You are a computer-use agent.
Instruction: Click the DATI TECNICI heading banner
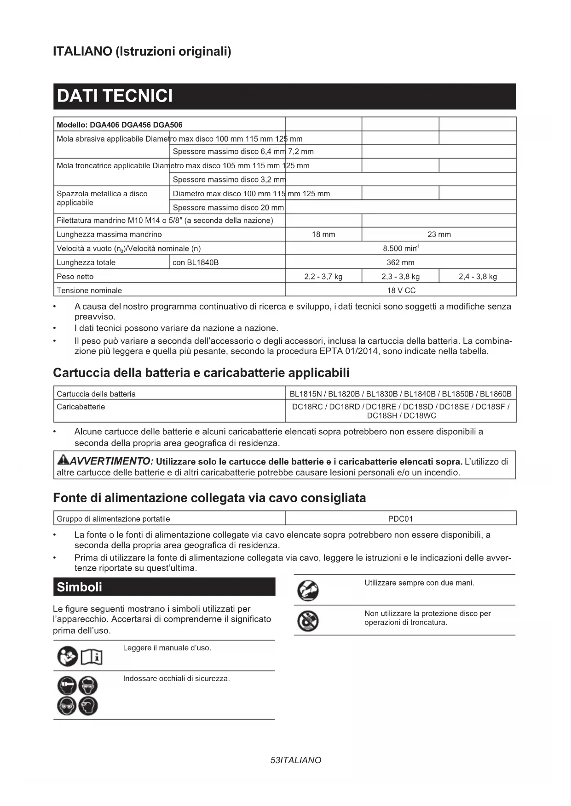click(284, 96)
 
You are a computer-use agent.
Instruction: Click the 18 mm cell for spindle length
click(323, 234)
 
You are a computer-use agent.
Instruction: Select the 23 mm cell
click(439, 234)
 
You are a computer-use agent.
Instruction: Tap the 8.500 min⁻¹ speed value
click(401, 249)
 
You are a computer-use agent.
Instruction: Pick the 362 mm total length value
click(400, 262)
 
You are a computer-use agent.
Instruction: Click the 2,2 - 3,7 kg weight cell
click(323, 277)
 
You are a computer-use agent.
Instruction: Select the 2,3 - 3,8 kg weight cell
click(400, 277)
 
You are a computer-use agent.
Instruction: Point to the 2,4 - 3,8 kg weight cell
click(478, 277)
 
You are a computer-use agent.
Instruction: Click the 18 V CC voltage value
click(401, 290)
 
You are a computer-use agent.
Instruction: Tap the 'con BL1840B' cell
click(196, 262)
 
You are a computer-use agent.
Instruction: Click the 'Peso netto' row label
click(75, 277)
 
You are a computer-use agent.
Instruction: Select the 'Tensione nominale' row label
click(89, 290)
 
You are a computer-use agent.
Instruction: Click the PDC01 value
click(400, 519)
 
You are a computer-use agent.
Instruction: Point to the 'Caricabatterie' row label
click(81, 407)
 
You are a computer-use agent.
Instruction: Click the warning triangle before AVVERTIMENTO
click(63, 460)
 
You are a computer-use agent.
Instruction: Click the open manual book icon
click(92, 658)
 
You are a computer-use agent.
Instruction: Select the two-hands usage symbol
click(308, 590)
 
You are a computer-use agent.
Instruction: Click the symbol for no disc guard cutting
click(308, 621)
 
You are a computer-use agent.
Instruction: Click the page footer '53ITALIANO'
click(296, 760)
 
